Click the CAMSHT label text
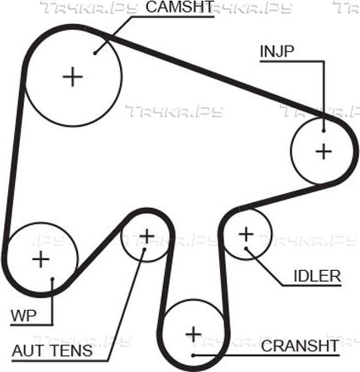180,7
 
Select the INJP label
277,51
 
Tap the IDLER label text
317,276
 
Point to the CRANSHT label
300,345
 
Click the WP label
24,316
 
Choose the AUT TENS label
52,350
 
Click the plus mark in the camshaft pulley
73,76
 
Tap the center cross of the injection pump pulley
324,152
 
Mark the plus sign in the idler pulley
246,234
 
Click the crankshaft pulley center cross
194,335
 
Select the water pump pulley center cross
41,259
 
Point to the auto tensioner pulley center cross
146,236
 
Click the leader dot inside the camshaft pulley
95,53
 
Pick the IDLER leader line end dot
247,249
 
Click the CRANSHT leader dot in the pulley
194,355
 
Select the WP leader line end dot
52,279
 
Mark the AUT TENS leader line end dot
144,249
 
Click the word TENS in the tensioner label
72,350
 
